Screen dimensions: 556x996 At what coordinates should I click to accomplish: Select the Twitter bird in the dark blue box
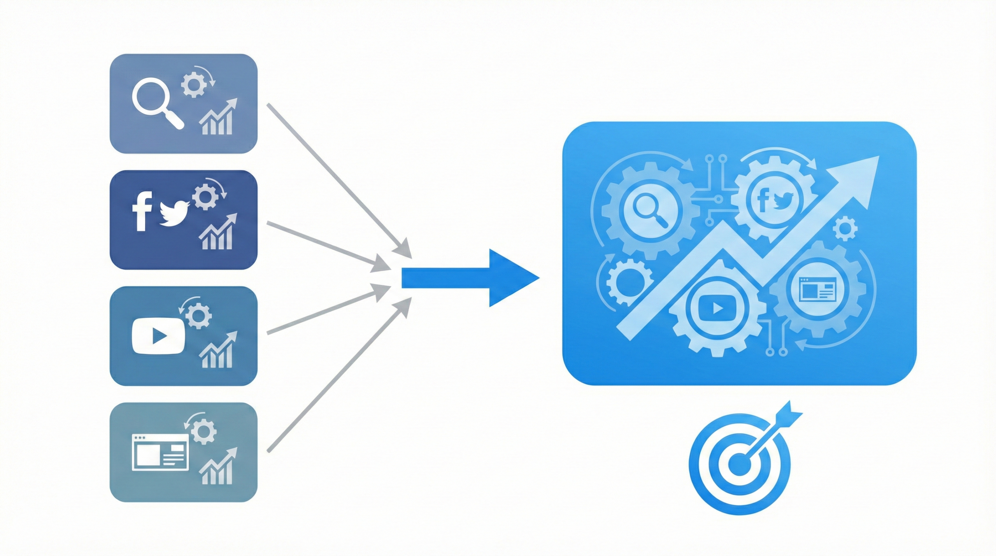pyautogui.click(x=174, y=213)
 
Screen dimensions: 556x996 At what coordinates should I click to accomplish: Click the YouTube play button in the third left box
pyautogui.click(x=158, y=336)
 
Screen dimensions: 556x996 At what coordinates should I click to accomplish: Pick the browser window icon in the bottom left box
pyautogui.click(x=160, y=452)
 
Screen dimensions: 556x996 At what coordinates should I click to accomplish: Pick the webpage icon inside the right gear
pyautogui.click(x=817, y=289)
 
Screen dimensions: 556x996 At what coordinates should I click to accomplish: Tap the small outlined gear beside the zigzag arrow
pyautogui.click(x=845, y=228)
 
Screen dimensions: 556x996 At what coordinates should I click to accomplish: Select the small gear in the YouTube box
pyautogui.click(x=198, y=315)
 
